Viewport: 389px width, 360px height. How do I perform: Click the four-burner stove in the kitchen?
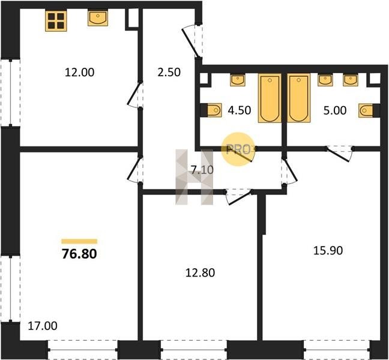[x=56, y=20]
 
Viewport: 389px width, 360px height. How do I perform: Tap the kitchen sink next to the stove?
[x=98, y=19]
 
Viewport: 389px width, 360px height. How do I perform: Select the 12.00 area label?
[x=79, y=73]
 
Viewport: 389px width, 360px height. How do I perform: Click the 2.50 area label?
[x=169, y=73]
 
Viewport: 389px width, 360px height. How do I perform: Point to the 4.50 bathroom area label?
[x=240, y=110]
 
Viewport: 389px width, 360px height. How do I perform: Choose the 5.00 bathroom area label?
[x=335, y=110]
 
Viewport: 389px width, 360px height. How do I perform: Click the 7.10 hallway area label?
[x=202, y=170]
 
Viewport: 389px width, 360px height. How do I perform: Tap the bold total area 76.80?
[x=79, y=254]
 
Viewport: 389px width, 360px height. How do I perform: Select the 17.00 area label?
[x=43, y=326]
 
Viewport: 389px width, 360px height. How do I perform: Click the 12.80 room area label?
[x=201, y=273]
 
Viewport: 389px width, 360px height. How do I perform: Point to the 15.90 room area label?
[x=328, y=250]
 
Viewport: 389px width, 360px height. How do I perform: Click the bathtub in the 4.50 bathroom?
[x=270, y=98]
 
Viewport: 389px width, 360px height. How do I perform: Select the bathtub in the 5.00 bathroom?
[x=299, y=98]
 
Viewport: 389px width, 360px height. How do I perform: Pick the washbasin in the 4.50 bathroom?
[x=238, y=80]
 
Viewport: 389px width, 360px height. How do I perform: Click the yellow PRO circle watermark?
[x=238, y=149]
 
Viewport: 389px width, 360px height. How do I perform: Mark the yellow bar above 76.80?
[x=79, y=241]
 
